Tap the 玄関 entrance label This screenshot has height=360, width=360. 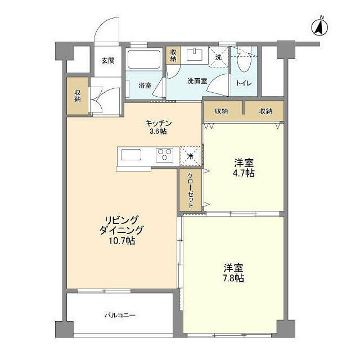click(x=108, y=61)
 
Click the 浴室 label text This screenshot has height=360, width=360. click(x=145, y=85)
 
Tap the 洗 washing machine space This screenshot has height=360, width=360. click(x=218, y=57)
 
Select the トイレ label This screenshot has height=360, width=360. click(x=244, y=84)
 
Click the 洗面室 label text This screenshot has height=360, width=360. click(x=197, y=80)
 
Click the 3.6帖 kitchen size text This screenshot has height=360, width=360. click(x=157, y=132)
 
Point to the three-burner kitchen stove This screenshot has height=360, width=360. click(x=165, y=155)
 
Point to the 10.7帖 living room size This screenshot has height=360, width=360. click(x=121, y=240)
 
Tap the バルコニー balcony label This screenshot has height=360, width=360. click(x=119, y=316)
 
